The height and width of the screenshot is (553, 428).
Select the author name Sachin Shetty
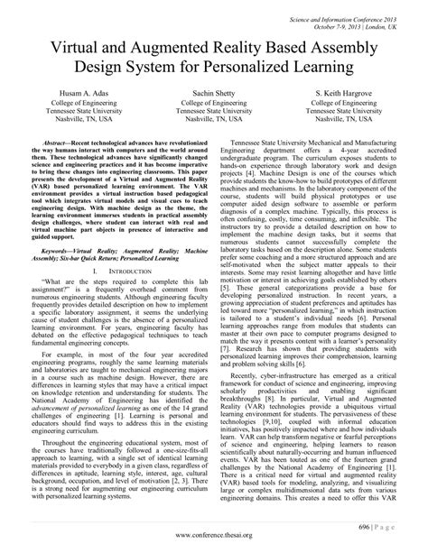[214, 120]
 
